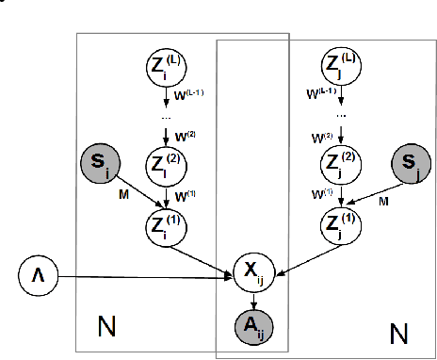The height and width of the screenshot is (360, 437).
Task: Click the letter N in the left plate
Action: click(107, 327)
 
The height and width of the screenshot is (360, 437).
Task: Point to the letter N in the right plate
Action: click(399, 334)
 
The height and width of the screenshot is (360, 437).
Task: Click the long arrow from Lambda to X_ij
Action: click(141, 276)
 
